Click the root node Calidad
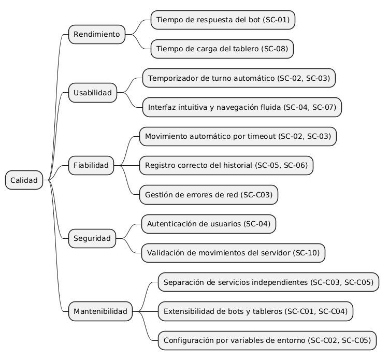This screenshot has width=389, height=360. click(x=24, y=180)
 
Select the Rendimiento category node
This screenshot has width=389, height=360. click(x=97, y=35)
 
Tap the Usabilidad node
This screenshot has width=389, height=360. click(x=93, y=93)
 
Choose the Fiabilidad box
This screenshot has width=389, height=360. click(x=91, y=166)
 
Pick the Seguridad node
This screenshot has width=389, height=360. click(x=92, y=239)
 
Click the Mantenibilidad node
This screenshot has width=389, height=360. click(x=100, y=311)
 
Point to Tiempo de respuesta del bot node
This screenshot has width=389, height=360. click(x=223, y=20)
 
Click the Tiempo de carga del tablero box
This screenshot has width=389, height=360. click(x=222, y=49)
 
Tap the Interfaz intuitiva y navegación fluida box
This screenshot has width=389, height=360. click(x=242, y=107)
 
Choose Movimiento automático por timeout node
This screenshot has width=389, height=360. click(x=238, y=137)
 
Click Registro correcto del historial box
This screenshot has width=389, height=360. click(x=226, y=166)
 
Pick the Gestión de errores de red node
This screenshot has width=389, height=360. click(x=209, y=195)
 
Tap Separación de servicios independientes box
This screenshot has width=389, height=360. click(x=268, y=282)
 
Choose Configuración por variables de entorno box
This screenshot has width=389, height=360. click(x=267, y=341)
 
